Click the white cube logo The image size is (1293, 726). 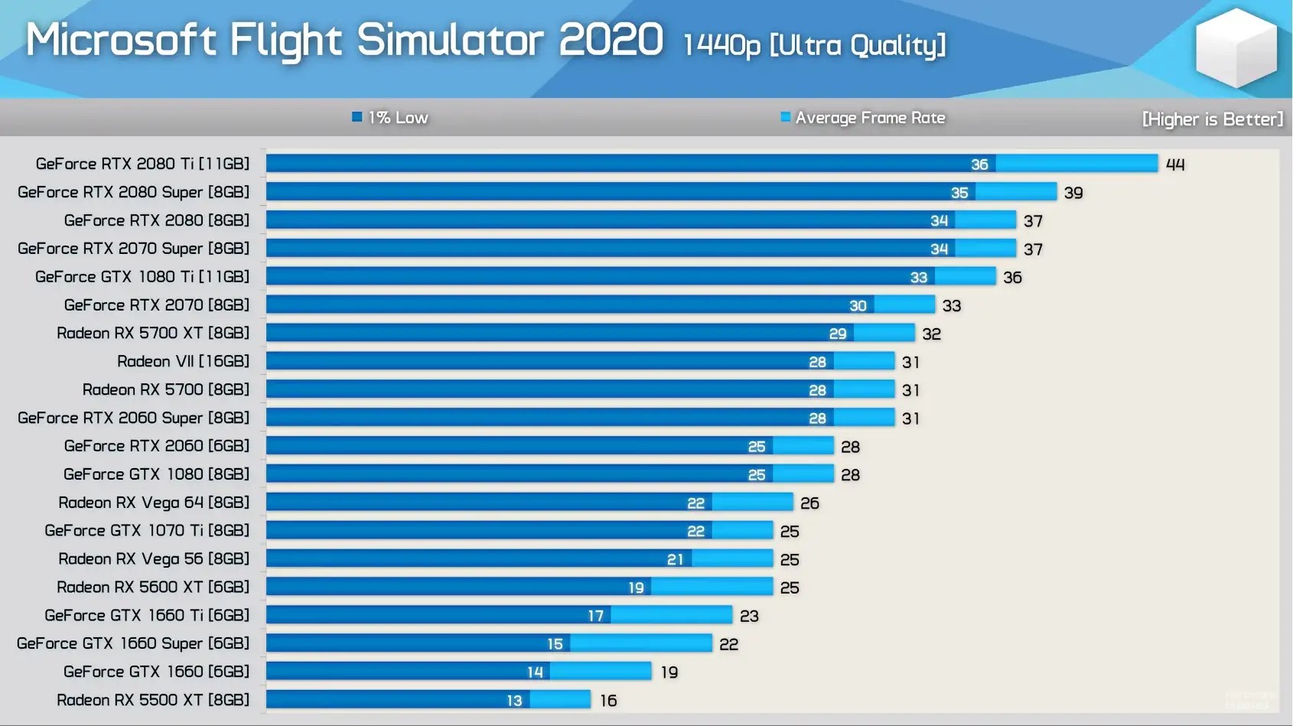tap(1236, 47)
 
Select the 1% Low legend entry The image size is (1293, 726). tap(390, 118)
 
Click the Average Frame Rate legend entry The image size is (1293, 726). tap(863, 118)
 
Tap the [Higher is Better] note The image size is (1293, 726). tap(1212, 119)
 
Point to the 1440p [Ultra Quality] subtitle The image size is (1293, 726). tap(814, 45)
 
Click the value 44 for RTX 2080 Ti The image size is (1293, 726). tap(1175, 164)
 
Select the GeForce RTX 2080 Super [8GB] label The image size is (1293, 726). tap(134, 192)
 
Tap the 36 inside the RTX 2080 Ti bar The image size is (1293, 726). tap(979, 164)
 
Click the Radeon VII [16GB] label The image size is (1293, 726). tap(183, 361)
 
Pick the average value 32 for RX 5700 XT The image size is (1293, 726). tap(931, 334)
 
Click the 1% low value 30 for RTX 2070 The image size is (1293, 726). tap(858, 306)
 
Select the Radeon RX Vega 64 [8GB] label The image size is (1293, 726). tap(154, 503)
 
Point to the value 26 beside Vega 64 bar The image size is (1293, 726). tap(809, 503)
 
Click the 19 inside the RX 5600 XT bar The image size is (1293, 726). tap(636, 588)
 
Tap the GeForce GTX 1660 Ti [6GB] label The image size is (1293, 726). tap(147, 615)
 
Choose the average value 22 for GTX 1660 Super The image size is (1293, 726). tap(728, 644)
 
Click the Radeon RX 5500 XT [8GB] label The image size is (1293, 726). tap(153, 700)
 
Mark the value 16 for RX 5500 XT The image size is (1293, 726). tap(608, 701)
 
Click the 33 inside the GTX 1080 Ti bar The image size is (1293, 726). tap(918, 278)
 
